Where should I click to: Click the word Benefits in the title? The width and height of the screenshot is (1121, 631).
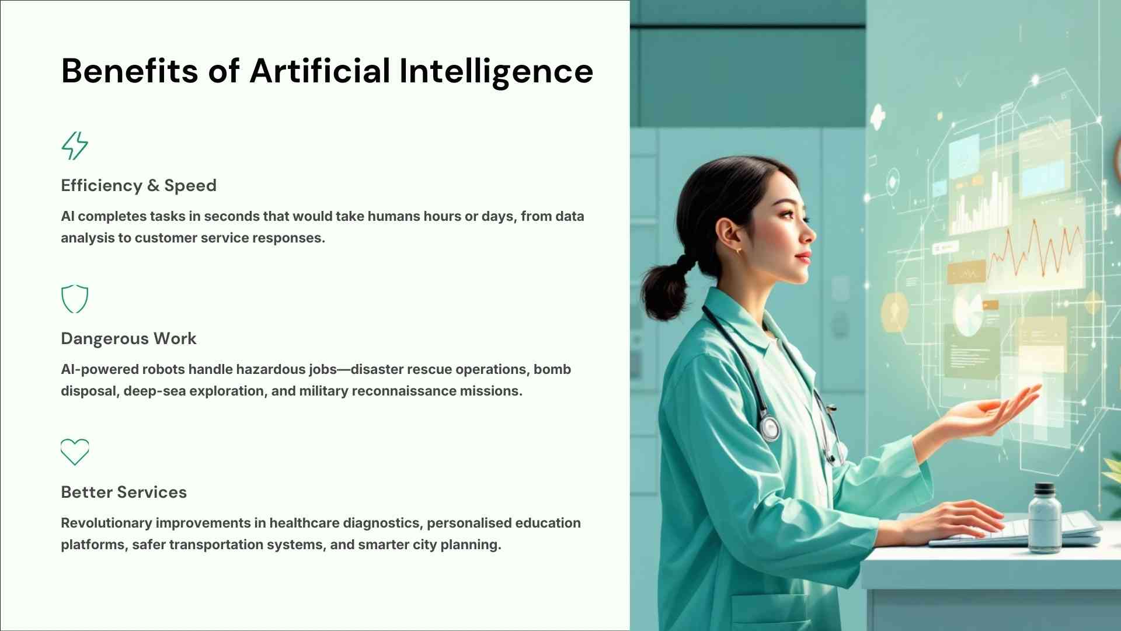point(130,71)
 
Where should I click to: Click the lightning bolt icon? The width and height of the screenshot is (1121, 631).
point(75,145)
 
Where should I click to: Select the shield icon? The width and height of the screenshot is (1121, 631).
point(75,299)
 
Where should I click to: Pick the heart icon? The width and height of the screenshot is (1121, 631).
point(75,452)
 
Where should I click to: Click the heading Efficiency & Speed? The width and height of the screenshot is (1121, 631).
point(138,185)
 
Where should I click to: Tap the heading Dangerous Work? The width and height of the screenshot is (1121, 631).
point(128,338)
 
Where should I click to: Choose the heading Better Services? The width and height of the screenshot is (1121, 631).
point(124,492)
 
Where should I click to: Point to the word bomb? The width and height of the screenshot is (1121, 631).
point(552,369)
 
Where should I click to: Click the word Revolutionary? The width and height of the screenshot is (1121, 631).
point(106,523)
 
